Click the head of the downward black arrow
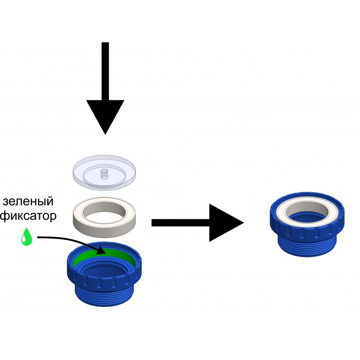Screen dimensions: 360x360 [105, 115]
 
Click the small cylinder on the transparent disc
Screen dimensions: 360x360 [105, 174]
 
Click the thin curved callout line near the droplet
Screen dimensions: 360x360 [58, 238]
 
